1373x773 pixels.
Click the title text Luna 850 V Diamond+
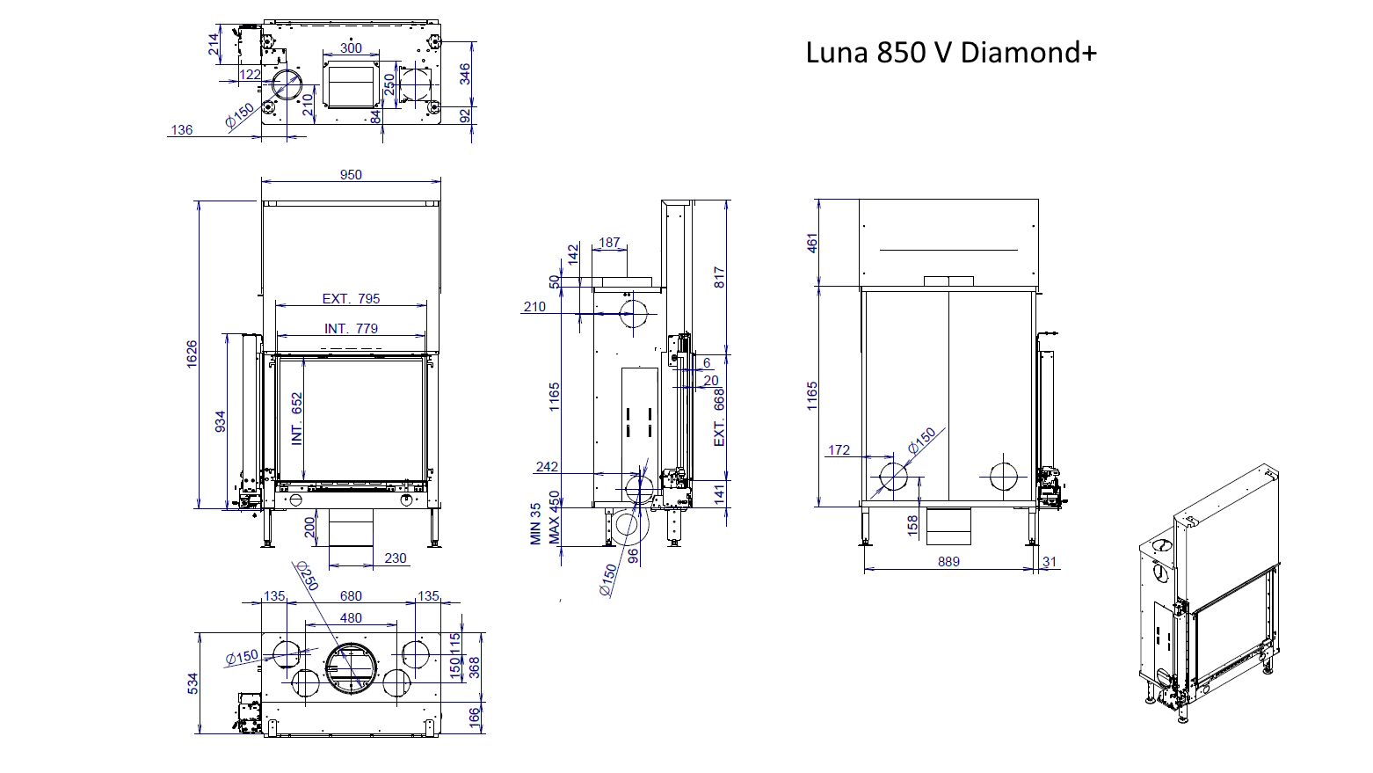click(x=951, y=53)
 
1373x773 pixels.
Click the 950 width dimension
click(x=351, y=175)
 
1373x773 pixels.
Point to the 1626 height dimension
click(x=192, y=354)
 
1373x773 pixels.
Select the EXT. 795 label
click(x=351, y=299)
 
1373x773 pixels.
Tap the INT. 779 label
click(x=351, y=329)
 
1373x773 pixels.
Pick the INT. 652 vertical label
click(x=297, y=419)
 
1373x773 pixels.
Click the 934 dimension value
click(x=221, y=421)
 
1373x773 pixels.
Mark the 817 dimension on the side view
click(x=719, y=278)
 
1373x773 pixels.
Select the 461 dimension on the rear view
click(x=812, y=243)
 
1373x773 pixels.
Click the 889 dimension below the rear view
click(x=948, y=562)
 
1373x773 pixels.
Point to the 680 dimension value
click(x=351, y=596)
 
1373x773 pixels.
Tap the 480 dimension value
click(x=351, y=618)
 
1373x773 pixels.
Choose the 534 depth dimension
click(x=193, y=683)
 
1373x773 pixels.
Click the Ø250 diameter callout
click(x=307, y=576)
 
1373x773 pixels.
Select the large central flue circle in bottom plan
click(x=352, y=667)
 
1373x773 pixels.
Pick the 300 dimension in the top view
click(x=351, y=48)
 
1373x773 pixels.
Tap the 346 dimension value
click(x=465, y=74)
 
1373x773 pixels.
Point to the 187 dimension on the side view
click(x=609, y=243)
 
